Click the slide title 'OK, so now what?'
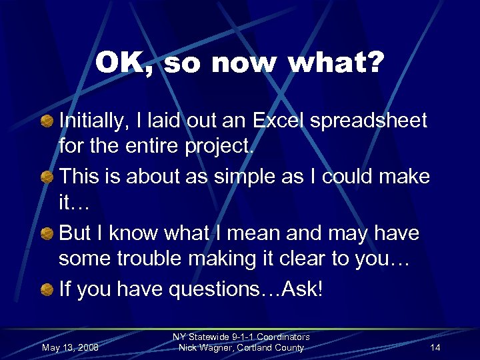pos(239,63)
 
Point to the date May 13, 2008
pos(70,348)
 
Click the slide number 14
pos(435,348)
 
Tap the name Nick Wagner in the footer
pos(204,348)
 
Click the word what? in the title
pos(340,63)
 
